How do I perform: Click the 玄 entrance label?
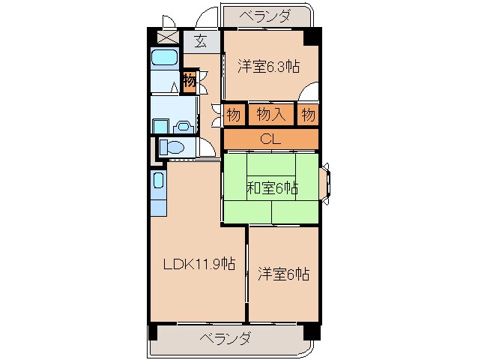[x=201, y=41]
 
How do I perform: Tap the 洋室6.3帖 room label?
[x=269, y=66]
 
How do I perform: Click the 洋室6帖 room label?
[x=283, y=274]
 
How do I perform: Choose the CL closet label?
[x=270, y=139]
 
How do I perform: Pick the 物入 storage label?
[x=270, y=115]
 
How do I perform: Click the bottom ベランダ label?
[x=225, y=338]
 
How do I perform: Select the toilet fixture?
[x=173, y=147]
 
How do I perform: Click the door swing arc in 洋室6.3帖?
[x=308, y=95]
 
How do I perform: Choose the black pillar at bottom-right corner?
[x=312, y=331]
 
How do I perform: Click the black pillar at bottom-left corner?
[x=154, y=331]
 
